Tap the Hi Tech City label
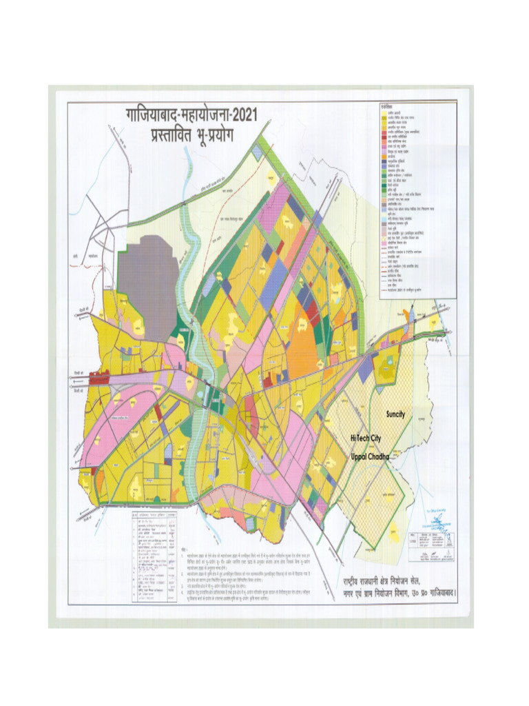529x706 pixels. coord(365,438)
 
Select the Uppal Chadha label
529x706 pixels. coord(371,457)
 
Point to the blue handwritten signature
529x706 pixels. coord(435,514)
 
